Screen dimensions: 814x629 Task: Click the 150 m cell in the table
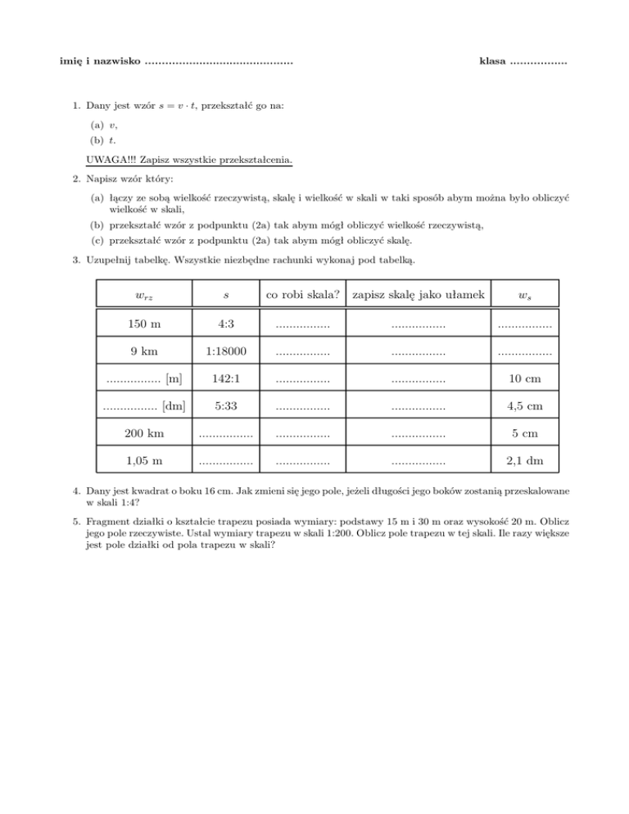pos(144,324)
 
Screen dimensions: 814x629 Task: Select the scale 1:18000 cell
pos(221,351)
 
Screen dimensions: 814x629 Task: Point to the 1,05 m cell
pos(144,460)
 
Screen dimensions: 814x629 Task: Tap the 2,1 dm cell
pos(524,460)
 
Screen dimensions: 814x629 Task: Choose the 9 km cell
pos(144,351)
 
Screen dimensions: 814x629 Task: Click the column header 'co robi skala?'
pos(302,292)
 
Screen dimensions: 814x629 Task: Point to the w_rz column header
pos(144,293)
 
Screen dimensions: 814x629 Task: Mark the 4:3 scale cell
pos(221,324)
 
